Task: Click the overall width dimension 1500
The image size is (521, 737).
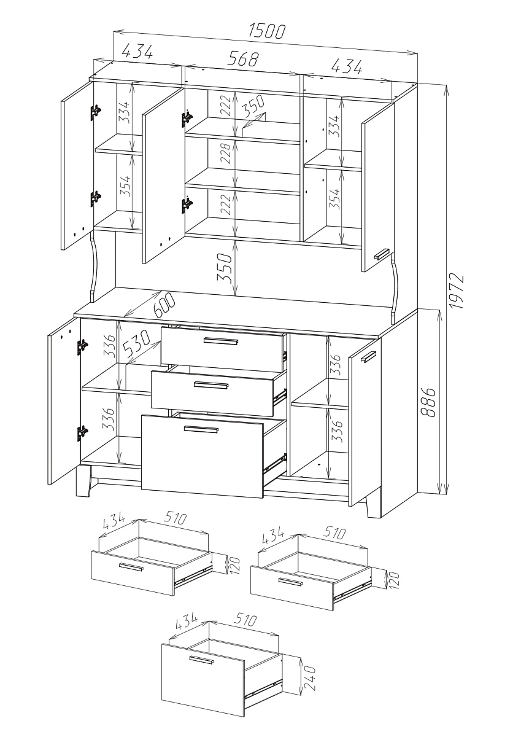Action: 267,31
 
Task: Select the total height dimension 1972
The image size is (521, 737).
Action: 457,291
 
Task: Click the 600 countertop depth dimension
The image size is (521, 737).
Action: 164,305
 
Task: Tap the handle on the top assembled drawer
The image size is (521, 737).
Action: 221,341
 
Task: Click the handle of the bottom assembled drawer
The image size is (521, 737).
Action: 201,429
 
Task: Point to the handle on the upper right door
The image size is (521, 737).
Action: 382,254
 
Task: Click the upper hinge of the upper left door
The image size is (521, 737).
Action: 96,112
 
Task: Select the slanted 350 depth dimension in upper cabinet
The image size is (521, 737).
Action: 253,105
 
